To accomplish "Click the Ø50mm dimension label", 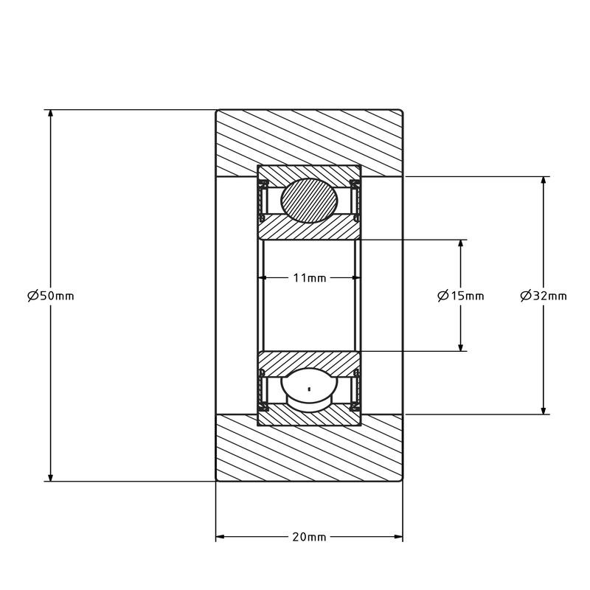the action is [x=51, y=296].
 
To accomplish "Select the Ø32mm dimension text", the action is [x=544, y=296].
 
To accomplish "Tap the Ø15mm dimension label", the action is [x=460, y=296].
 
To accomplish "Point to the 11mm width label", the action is [x=309, y=278].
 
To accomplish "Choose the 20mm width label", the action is [x=309, y=537].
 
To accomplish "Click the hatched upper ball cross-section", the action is [x=309, y=201].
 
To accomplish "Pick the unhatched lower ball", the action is [x=309, y=389].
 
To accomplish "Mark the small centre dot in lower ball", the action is [x=309, y=389].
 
